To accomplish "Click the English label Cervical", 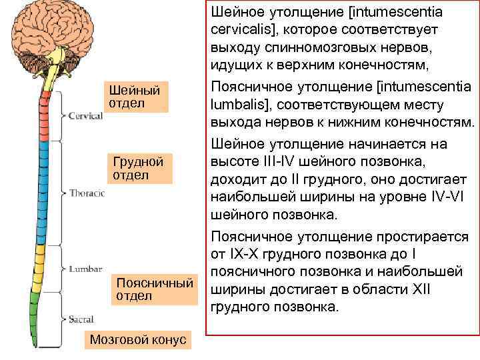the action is (x=86, y=115).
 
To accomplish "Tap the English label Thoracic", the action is (x=87, y=193).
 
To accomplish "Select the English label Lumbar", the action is (x=85, y=269).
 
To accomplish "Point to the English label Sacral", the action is (x=81, y=319).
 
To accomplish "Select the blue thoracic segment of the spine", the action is (x=40, y=193).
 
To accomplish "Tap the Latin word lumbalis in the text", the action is (x=237, y=105).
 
